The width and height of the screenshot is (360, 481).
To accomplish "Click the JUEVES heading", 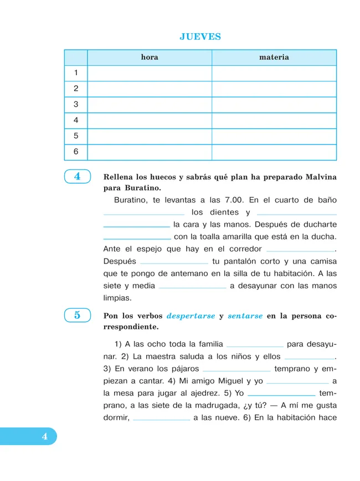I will click(x=200, y=37).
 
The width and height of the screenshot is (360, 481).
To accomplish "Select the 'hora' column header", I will click(x=150, y=58).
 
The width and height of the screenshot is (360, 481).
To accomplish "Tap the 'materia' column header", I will click(x=274, y=58).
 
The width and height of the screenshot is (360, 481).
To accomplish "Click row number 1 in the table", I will click(x=76, y=73).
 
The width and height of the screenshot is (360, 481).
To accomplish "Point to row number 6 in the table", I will click(x=76, y=152).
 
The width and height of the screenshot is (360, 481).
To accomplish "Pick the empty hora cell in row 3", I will click(x=150, y=105).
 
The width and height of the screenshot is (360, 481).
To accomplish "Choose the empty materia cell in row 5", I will click(x=274, y=136).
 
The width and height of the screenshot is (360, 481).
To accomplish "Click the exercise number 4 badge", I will click(x=77, y=177).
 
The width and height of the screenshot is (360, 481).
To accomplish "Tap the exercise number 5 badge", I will click(x=77, y=315).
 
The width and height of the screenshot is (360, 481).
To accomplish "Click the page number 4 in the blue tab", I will click(x=44, y=437).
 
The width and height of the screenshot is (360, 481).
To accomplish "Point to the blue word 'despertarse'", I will click(x=191, y=316).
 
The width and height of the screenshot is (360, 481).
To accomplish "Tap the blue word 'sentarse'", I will click(x=245, y=316).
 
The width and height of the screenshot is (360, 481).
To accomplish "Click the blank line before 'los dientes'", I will click(x=144, y=213).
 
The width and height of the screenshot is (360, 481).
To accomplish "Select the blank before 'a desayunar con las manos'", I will click(x=192, y=287).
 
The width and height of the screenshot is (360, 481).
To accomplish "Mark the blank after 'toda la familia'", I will click(x=255, y=345).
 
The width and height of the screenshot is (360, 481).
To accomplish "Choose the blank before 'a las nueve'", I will click(x=162, y=420).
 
